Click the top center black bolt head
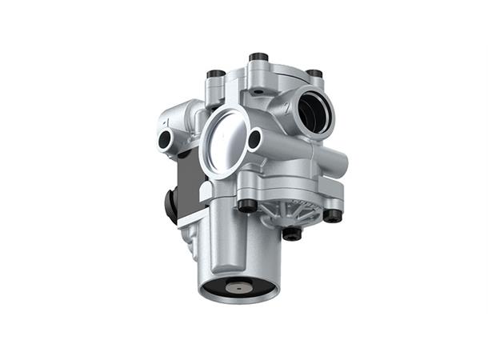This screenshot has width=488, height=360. coord(258,58)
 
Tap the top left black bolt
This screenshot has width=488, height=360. coord(215,74)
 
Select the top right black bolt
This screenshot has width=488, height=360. coord(315,74)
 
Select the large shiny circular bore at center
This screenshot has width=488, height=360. coord(226,139)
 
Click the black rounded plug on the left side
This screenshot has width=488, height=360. coord(170,206)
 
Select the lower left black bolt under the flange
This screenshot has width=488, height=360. coord(248,205)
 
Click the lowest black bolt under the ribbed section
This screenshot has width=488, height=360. coord(293,234)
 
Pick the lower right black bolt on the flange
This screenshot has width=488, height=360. coord(332,214)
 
